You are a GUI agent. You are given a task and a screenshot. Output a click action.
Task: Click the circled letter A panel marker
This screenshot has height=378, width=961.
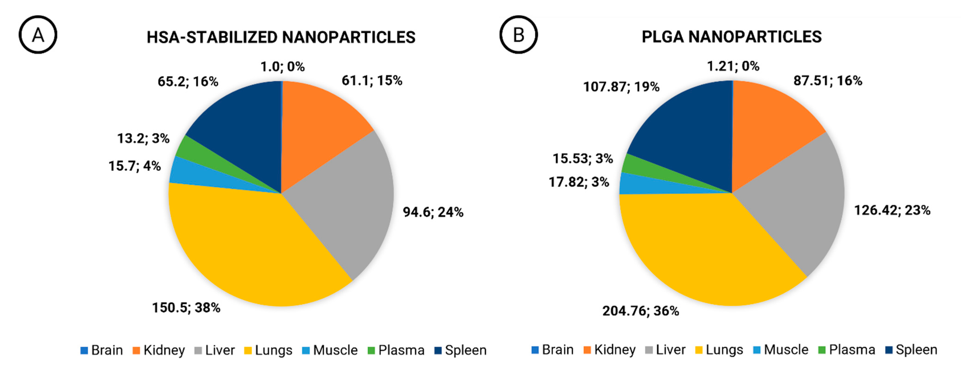click(38, 35)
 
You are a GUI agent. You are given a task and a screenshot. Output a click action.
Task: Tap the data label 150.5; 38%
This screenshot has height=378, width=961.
click(186, 308)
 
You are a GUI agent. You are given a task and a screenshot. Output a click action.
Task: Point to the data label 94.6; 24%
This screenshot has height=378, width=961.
click(433, 212)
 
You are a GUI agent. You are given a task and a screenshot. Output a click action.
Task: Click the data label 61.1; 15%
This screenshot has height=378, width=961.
click(372, 80)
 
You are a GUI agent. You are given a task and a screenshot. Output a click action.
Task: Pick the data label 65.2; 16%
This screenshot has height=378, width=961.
click(188, 82)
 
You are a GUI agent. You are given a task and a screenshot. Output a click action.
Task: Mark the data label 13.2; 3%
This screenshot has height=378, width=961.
click(143, 139)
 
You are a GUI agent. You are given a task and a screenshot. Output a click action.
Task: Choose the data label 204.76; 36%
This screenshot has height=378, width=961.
click(640, 311)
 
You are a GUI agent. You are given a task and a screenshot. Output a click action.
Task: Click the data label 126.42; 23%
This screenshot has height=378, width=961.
click(892, 210)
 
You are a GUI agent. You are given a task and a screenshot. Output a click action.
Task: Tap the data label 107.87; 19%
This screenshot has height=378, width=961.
click(621, 87)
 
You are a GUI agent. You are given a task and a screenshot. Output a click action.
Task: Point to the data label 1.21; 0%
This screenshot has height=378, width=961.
click(733, 66)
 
